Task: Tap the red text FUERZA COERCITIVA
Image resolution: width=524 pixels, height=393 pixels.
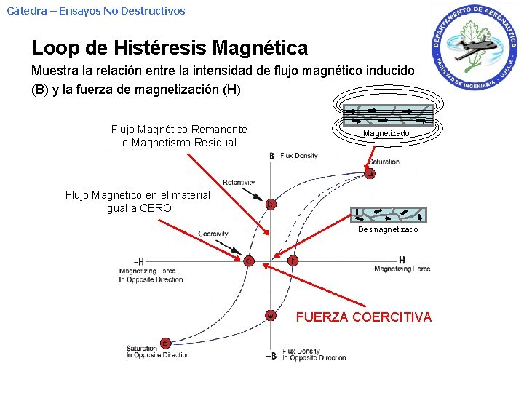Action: tap(363, 317)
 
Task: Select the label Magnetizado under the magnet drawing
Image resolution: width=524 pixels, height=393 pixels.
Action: tap(386, 134)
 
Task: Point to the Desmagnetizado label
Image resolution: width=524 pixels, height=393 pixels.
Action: tap(388, 229)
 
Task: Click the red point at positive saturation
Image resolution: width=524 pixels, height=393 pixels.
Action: tap(370, 173)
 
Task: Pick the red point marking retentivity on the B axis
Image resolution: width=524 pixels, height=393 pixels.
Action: tap(271, 205)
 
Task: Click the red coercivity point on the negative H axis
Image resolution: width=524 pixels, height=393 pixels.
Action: tap(249, 261)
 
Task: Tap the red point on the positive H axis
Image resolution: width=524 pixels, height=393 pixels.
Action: tap(293, 260)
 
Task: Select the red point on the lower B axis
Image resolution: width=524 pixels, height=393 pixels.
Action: tap(271, 315)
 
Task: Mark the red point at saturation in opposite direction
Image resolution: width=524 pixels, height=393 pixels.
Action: tap(166, 343)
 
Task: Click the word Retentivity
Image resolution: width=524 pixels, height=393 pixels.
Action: tap(239, 182)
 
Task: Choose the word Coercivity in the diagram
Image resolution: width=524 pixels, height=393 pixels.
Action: tap(213, 234)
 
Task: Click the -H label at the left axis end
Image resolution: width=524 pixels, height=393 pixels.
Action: tap(138, 261)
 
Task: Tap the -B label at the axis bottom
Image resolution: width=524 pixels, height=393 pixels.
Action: tap(270, 356)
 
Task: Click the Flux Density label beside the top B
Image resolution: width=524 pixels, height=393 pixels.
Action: tap(299, 156)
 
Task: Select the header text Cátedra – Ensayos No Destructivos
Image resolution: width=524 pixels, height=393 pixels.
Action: tap(96, 11)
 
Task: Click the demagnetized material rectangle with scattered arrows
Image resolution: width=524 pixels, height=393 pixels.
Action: tap(390, 214)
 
